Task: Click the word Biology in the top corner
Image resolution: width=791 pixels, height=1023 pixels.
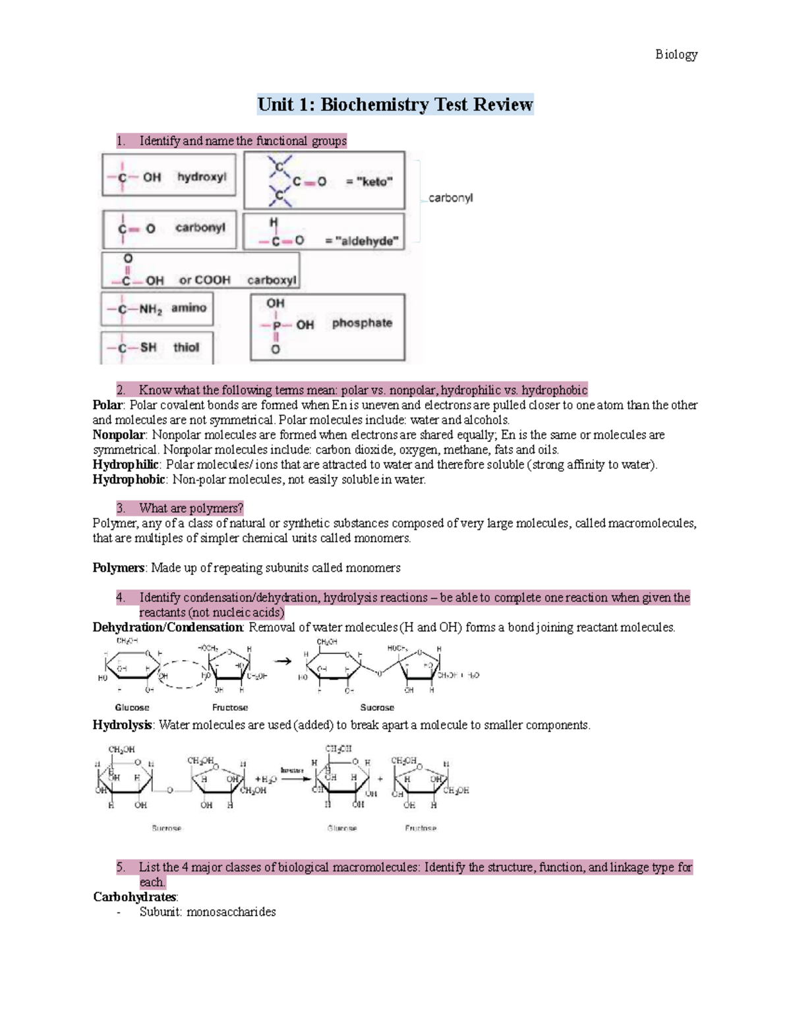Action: coord(676,55)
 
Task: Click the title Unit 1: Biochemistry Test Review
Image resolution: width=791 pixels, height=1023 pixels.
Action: coord(395,105)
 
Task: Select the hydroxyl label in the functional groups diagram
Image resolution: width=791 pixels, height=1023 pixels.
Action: coord(201,177)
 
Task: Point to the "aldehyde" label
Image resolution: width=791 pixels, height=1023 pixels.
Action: coord(362,241)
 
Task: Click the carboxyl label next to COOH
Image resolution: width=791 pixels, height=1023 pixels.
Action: coord(272,280)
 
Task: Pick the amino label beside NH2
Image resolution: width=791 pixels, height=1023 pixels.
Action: coord(189,308)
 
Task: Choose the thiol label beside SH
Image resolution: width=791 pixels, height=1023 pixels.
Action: coord(186,347)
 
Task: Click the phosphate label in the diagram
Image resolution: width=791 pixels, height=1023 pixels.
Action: coord(362,323)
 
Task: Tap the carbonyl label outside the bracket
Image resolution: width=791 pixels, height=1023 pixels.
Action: coord(450,198)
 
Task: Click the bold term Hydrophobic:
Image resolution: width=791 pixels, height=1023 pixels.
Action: coord(129,480)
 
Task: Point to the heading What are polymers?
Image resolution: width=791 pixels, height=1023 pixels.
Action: coord(190,509)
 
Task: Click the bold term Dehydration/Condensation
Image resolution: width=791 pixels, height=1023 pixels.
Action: coord(168,627)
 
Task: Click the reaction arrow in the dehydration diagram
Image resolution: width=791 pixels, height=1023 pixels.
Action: coord(283,661)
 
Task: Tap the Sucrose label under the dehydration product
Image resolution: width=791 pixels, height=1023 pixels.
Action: coord(377,707)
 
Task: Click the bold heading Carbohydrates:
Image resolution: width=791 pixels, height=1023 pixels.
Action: coord(135,897)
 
